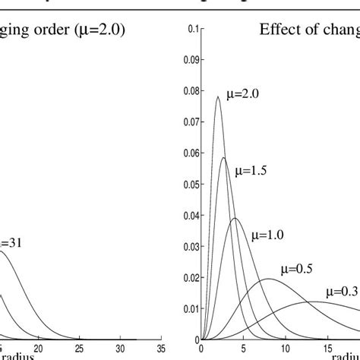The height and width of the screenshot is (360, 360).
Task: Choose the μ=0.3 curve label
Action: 343,291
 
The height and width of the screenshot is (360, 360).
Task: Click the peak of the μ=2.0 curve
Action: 218,96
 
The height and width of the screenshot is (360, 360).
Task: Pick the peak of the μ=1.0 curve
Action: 235,219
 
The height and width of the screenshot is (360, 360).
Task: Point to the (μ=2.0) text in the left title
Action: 93,31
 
